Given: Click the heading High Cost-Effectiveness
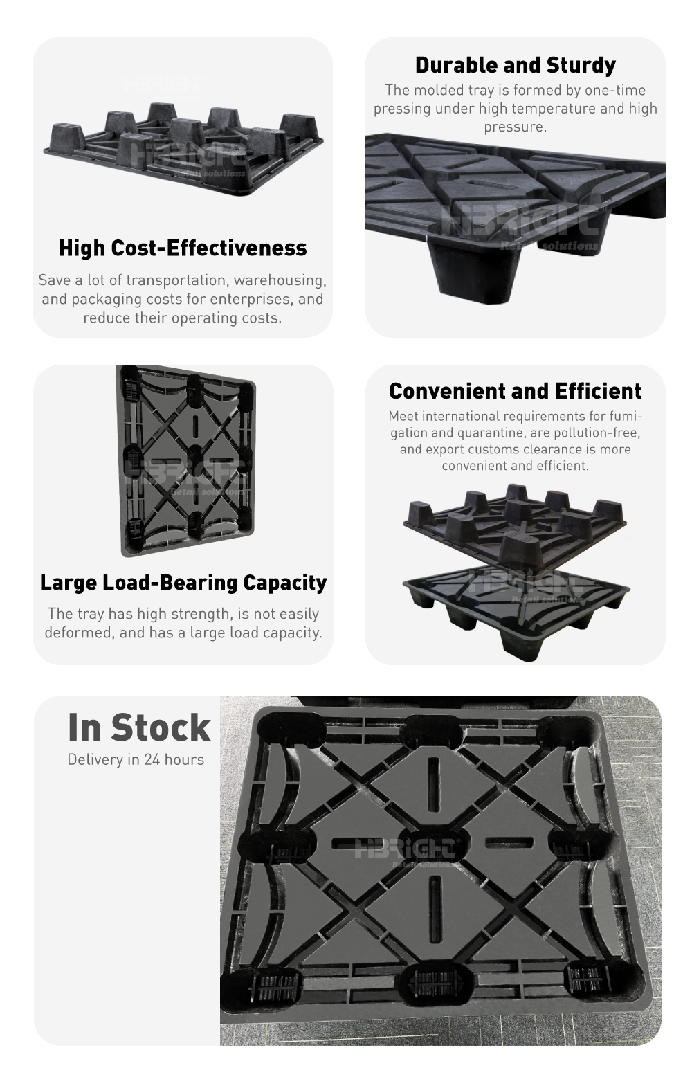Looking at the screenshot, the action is pyautogui.click(x=183, y=248).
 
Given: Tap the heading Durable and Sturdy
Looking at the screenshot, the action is pyautogui.click(x=515, y=66).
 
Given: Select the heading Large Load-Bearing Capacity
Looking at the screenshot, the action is pyautogui.click(x=183, y=583).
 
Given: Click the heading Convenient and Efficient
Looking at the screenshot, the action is pyautogui.click(x=515, y=391).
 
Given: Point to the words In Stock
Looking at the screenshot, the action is pyautogui.click(x=139, y=727).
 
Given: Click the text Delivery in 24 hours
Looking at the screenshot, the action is pyautogui.click(x=136, y=759).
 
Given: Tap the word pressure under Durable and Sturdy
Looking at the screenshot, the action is pyautogui.click(x=515, y=127).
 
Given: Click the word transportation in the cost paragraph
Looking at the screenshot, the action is pyautogui.click(x=178, y=280).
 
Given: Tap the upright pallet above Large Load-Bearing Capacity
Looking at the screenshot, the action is pyautogui.click(x=186, y=460).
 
